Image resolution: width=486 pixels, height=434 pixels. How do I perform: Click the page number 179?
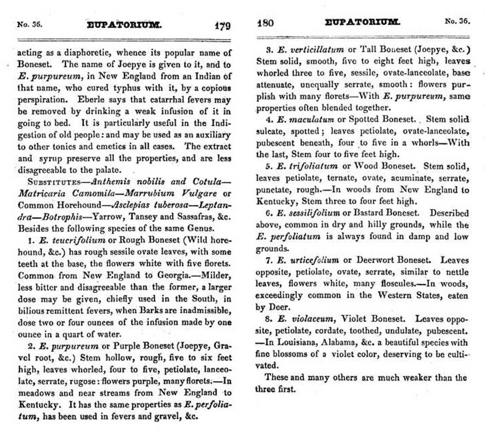pyautogui.click(x=223, y=26)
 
